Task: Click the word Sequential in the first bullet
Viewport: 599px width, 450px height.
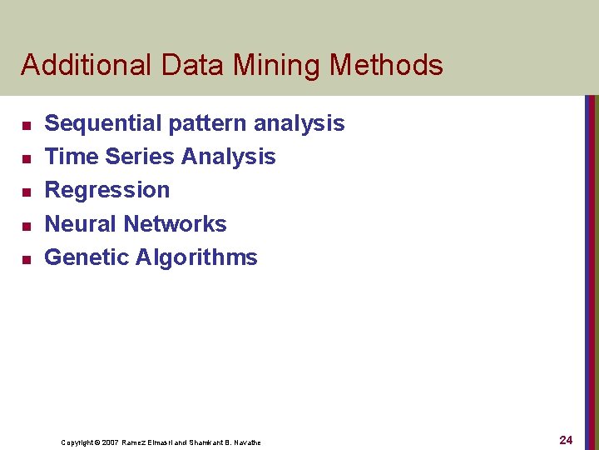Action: tap(103, 123)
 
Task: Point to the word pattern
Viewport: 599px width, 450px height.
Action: tap(207, 124)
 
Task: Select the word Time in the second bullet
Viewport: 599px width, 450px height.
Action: tap(71, 157)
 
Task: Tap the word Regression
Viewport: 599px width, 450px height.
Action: tap(106, 191)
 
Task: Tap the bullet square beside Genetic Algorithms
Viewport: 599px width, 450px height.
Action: tap(25, 259)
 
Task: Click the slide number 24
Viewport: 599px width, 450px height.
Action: tap(566, 439)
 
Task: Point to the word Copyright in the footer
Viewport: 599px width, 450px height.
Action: tap(77, 442)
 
